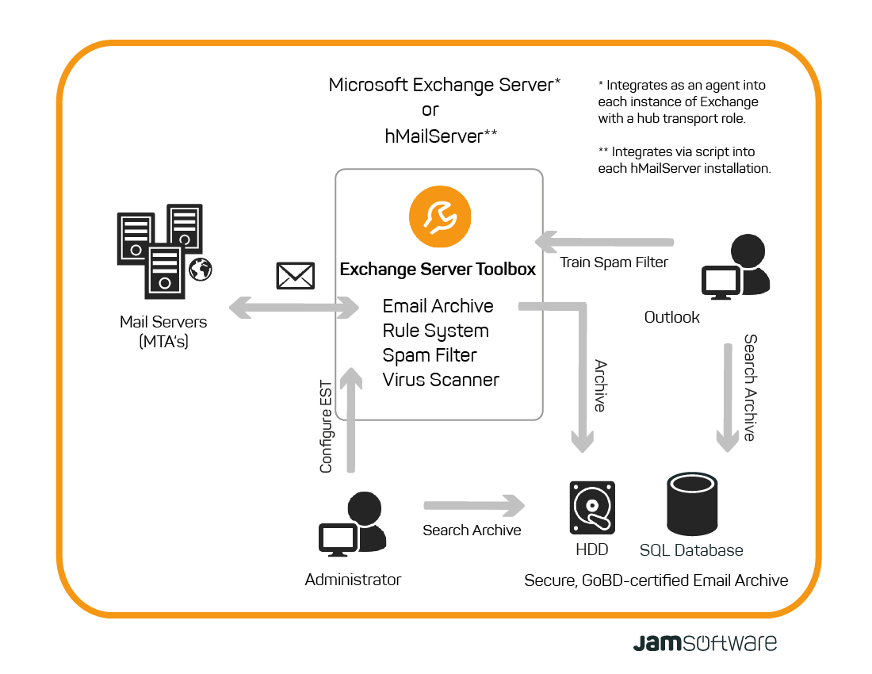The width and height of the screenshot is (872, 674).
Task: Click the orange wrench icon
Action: (440, 216)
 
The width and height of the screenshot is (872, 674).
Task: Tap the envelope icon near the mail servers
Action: (295, 275)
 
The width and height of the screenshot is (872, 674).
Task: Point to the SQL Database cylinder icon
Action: (692, 504)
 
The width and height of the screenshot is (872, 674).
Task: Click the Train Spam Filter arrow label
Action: (614, 262)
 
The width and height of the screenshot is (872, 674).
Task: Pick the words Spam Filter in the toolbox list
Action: (430, 355)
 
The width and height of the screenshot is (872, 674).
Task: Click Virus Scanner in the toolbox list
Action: (441, 380)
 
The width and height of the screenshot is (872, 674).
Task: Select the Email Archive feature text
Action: (438, 306)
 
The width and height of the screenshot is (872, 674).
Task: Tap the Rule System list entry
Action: (435, 331)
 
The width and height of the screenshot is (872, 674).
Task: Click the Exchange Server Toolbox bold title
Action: (438, 270)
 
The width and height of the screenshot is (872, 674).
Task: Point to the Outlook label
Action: (671, 317)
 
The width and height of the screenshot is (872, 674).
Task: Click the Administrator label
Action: (353, 580)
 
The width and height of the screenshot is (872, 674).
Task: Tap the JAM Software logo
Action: (705, 641)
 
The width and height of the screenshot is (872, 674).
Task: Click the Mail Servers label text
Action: (163, 322)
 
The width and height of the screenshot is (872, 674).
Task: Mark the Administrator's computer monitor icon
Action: (337, 539)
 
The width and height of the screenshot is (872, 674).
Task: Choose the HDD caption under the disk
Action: (591, 550)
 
